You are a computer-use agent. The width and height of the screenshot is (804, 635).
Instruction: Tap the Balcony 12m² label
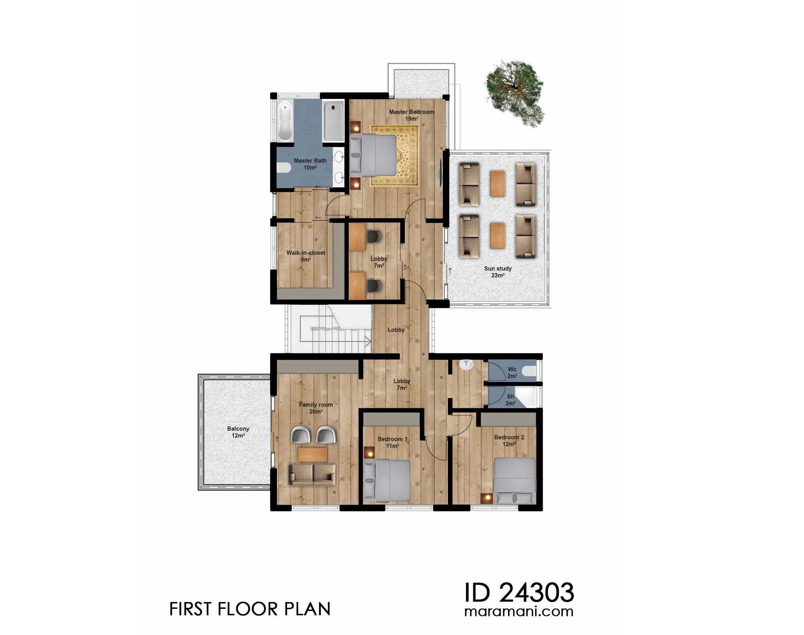point(238,432)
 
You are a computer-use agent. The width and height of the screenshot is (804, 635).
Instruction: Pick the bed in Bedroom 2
point(515,480)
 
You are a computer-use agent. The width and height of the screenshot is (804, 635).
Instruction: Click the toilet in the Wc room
point(529,371)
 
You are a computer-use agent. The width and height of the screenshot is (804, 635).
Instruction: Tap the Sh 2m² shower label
point(510,400)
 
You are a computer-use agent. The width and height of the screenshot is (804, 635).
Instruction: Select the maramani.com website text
point(519,612)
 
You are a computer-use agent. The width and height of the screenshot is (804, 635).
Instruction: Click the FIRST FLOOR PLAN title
point(250,609)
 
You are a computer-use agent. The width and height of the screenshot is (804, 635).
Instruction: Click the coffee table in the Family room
point(312,454)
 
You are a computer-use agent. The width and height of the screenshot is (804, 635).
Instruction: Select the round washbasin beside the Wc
point(466,365)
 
